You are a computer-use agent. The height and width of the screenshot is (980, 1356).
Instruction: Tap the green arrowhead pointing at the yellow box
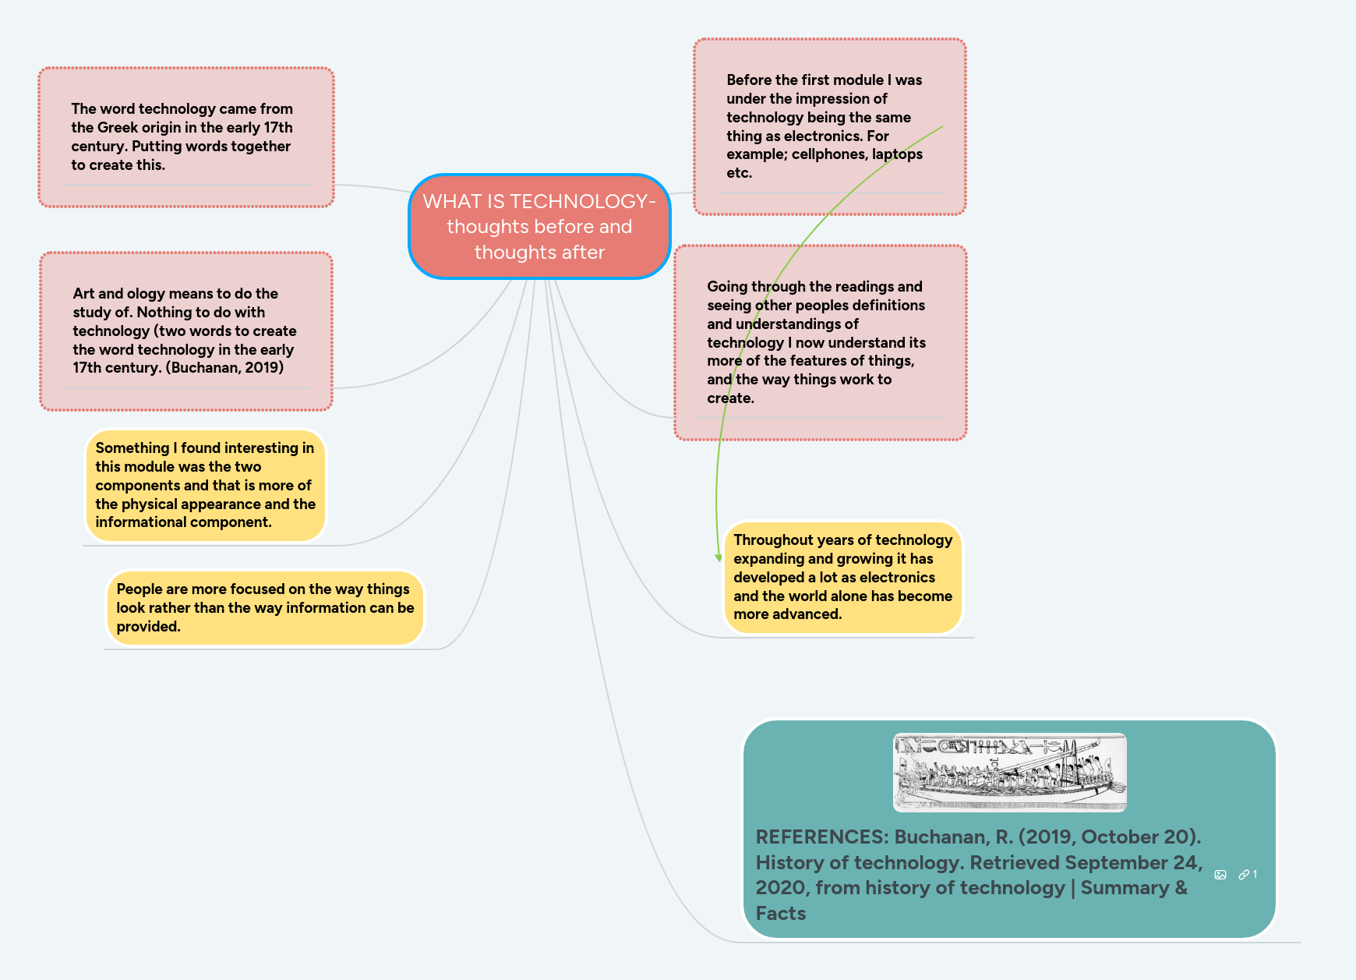pyautogui.click(x=719, y=557)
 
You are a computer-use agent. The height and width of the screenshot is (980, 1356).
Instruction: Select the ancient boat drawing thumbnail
pyautogui.click(x=1009, y=772)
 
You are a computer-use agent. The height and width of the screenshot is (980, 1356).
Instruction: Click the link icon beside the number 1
pyautogui.click(x=1244, y=875)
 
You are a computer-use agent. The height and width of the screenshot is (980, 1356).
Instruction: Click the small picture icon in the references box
pyautogui.click(x=1220, y=875)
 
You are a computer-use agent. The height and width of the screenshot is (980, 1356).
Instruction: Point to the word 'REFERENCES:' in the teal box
pyautogui.click(x=821, y=837)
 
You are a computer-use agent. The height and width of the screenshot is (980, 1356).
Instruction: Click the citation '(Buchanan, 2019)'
pyautogui.click(x=224, y=367)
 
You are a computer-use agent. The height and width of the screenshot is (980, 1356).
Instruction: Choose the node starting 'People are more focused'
pyautogui.click(x=265, y=608)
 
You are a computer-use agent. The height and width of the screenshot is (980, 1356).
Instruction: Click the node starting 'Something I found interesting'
pyautogui.click(x=205, y=485)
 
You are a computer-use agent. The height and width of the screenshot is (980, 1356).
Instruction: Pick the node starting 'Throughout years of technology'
pyautogui.click(x=842, y=577)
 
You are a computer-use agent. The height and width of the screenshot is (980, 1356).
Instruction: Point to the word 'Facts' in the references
pyautogui.click(x=781, y=914)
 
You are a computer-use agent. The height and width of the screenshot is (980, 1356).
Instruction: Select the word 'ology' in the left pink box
pyautogui.click(x=146, y=294)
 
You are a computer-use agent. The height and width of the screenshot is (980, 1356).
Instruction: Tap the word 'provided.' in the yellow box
pyautogui.click(x=148, y=627)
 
